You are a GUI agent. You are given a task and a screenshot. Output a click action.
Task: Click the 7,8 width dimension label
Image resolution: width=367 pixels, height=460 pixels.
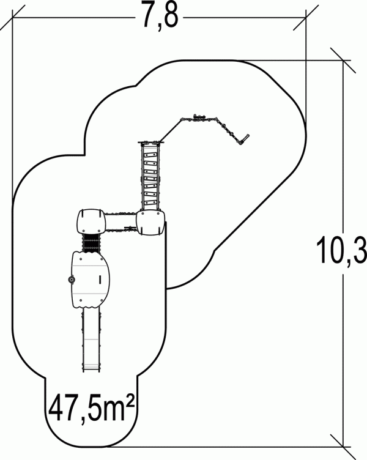(x=161, y=15)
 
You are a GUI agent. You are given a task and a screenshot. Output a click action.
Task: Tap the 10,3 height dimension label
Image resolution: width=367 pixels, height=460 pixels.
(x=342, y=250)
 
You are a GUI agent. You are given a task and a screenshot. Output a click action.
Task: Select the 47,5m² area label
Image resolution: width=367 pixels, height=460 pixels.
(x=91, y=407)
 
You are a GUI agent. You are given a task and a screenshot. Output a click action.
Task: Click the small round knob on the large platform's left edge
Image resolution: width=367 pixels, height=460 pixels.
(x=71, y=280)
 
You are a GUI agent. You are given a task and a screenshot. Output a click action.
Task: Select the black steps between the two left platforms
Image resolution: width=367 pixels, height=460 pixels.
(x=91, y=243)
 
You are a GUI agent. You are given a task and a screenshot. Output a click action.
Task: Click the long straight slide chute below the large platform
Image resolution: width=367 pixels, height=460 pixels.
(x=92, y=339)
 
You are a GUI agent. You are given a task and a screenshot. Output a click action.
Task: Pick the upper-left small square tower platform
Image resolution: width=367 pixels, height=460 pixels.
(x=91, y=221)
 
